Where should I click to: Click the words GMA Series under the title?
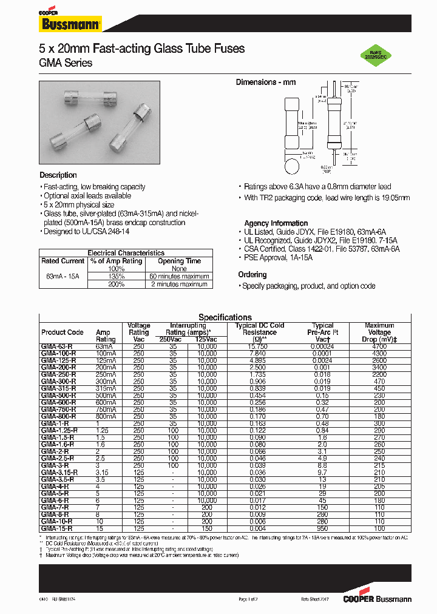click(66, 63)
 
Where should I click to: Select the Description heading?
click(58, 175)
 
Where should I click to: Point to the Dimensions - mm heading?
click(266, 83)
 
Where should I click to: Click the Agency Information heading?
click(276, 223)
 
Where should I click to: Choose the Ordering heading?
click(252, 275)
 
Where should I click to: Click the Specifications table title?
click(225, 317)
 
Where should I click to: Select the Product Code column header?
click(63, 332)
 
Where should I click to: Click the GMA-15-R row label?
click(57, 529)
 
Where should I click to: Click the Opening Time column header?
click(179, 261)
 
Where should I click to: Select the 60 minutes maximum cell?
click(179, 276)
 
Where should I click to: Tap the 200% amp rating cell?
click(115, 284)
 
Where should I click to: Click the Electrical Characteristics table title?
click(126, 253)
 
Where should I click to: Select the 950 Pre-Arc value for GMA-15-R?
click(323, 529)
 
